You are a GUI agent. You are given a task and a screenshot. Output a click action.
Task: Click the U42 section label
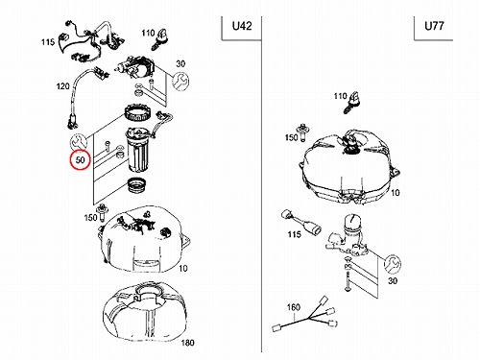click(242, 26)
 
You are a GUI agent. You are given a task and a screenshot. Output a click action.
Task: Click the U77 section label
click(434, 26)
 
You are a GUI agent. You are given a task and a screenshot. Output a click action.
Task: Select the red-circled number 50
click(81, 159)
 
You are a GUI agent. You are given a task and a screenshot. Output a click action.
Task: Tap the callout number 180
click(187, 343)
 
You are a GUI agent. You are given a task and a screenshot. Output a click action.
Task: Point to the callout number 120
click(62, 86)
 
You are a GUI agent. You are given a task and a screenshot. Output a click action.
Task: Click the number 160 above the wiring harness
click(293, 307)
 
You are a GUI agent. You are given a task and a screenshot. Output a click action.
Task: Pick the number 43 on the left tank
click(147, 215)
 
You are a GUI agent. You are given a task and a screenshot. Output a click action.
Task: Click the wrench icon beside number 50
click(78, 141)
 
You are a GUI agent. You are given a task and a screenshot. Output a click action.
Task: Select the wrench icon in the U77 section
click(393, 264)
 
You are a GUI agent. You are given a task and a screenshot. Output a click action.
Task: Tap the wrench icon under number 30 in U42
click(180, 81)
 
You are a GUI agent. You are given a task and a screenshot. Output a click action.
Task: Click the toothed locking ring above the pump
click(135, 112)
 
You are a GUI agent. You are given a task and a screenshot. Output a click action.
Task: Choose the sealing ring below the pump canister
click(137, 186)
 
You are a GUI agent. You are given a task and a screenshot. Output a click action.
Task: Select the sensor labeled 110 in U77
click(352, 102)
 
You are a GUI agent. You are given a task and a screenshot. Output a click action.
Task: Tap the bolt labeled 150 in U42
click(103, 212)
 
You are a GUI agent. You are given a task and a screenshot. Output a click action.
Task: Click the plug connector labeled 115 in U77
click(301, 222)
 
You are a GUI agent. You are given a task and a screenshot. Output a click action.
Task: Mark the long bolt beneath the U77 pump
click(348, 280)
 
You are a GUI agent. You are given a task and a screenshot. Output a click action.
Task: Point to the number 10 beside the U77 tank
click(396, 192)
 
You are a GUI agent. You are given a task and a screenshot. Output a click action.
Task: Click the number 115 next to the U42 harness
click(48, 42)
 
